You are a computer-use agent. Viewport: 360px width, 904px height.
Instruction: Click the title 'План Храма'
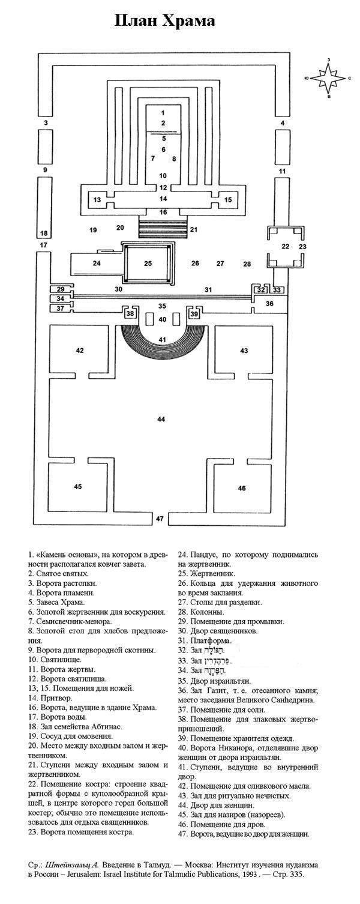click(165, 22)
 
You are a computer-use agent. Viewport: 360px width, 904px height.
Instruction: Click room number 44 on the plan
click(160, 418)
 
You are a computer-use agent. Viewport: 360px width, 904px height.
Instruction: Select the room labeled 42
click(80, 351)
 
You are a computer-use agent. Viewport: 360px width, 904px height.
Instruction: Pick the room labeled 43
click(244, 351)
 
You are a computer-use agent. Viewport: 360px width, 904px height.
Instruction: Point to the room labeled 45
click(78, 486)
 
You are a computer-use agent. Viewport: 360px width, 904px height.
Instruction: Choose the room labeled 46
click(242, 488)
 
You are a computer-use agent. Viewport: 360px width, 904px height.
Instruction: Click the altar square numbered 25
click(148, 263)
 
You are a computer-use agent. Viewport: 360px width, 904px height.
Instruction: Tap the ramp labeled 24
click(96, 263)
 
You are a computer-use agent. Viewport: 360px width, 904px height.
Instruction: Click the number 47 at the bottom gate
click(159, 517)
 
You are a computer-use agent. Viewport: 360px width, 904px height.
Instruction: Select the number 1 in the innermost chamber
click(162, 112)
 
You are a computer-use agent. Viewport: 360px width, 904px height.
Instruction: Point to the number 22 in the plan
click(286, 246)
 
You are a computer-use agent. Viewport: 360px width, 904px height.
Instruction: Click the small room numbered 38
click(130, 313)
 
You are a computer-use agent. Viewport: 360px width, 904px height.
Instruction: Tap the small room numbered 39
click(194, 313)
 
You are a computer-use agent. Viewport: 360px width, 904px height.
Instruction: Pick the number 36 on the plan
click(269, 304)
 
